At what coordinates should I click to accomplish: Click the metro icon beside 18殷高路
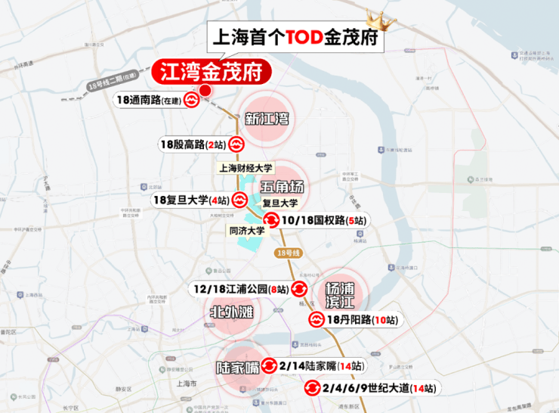[x=236, y=144]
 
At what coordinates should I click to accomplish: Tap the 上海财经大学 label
[x=246, y=168]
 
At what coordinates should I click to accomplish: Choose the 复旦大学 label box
[x=280, y=203]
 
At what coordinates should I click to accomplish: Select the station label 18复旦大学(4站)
[x=190, y=200]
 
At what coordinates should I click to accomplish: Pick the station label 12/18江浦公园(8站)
[x=240, y=288]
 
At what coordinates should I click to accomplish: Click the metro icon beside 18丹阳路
[x=316, y=320]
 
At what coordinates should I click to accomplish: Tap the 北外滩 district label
[x=231, y=312]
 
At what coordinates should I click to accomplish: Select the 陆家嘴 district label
[x=238, y=368]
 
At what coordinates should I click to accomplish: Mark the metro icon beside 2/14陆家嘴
[x=269, y=366]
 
